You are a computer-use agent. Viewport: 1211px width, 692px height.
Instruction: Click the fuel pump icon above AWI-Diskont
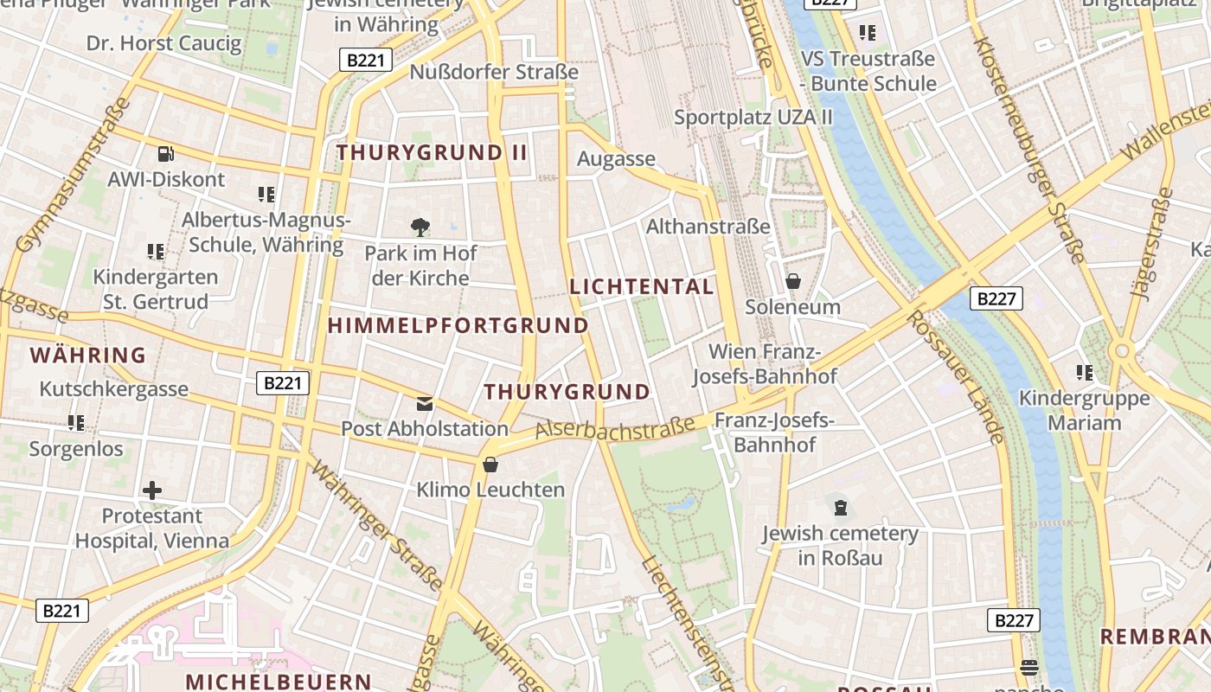tap(165, 154)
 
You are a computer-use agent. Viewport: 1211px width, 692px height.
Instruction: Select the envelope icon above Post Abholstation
tap(425, 403)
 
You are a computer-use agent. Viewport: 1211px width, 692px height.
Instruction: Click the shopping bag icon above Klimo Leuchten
tap(490, 465)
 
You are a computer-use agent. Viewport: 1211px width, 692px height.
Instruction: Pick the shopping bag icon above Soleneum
tap(792, 281)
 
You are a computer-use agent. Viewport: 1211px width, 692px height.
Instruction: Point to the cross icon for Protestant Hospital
tap(152, 490)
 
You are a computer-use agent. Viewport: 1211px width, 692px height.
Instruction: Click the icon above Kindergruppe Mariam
tap(1085, 373)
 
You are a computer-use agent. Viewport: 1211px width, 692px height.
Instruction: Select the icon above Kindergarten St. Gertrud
tap(156, 252)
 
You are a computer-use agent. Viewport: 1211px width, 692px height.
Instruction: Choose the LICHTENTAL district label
tap(642, 286)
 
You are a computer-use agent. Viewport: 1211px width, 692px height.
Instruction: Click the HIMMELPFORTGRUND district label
tap(458, 326)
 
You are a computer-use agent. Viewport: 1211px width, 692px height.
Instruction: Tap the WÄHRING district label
tap(88, 355)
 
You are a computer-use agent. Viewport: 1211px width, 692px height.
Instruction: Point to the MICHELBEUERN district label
tap(279, 681)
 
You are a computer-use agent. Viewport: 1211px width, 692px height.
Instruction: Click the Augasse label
tap(616, 159)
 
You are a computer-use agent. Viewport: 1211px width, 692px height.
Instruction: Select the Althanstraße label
tap(708, 227)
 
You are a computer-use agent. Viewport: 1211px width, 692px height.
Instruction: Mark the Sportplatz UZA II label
tap(753, 117)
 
